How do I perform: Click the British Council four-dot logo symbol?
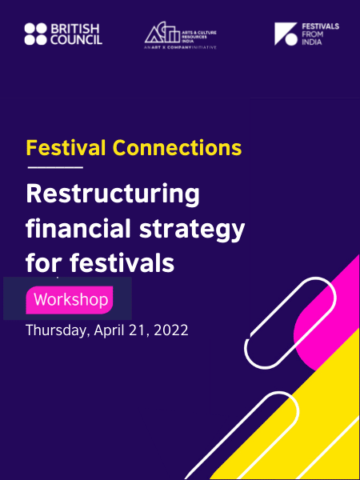click(x=35, y=34)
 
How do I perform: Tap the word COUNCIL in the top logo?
click(x=76, y=39)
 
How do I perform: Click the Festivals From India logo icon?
click(x=286, y=34)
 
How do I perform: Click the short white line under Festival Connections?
click(x=55, y=168)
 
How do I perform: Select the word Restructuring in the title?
click(x=113, y=194)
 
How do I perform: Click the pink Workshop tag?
click(x=70, y=300)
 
